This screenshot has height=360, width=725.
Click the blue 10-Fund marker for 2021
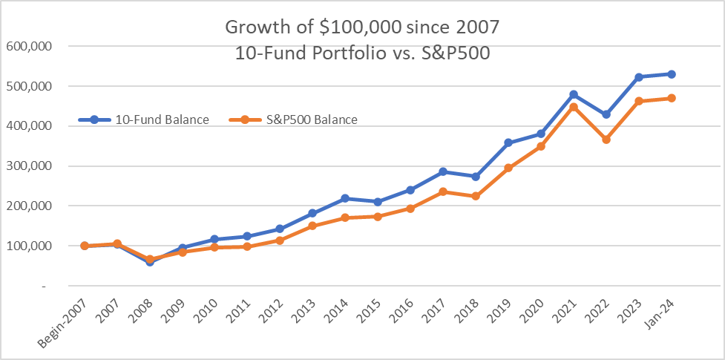click(x=574, y=95)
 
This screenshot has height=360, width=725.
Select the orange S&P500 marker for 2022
click(x=606, y=140)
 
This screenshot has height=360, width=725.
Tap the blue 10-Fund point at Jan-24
click(x=672, y=74)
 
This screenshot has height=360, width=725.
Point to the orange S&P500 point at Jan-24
click(x=672, y=98)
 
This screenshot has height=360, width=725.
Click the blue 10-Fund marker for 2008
click(x=149, y=262)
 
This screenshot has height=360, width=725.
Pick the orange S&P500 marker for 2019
click(x=508, y=168)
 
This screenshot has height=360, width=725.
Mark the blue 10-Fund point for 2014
click(x=345, y=198)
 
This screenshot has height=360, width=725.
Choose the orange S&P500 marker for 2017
click(x=443, y=192)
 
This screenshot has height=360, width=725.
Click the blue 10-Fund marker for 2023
click(x=639, y=77)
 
